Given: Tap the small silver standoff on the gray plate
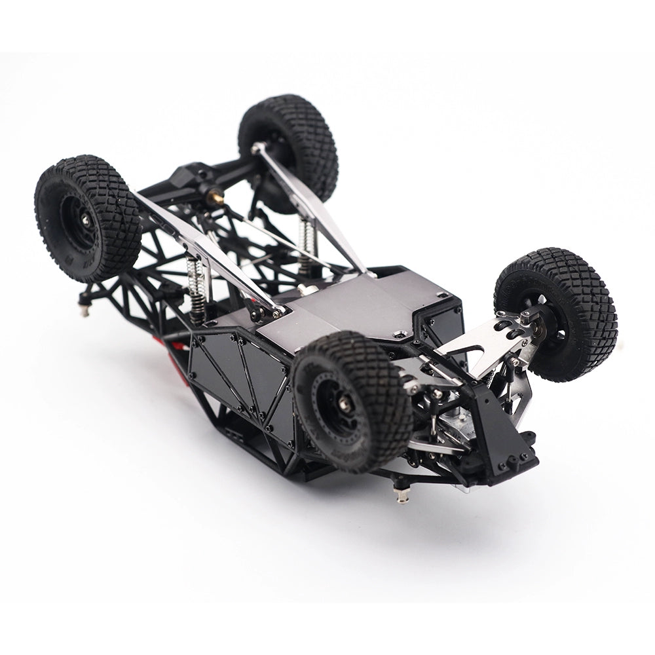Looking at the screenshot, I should [x=301, y=288].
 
